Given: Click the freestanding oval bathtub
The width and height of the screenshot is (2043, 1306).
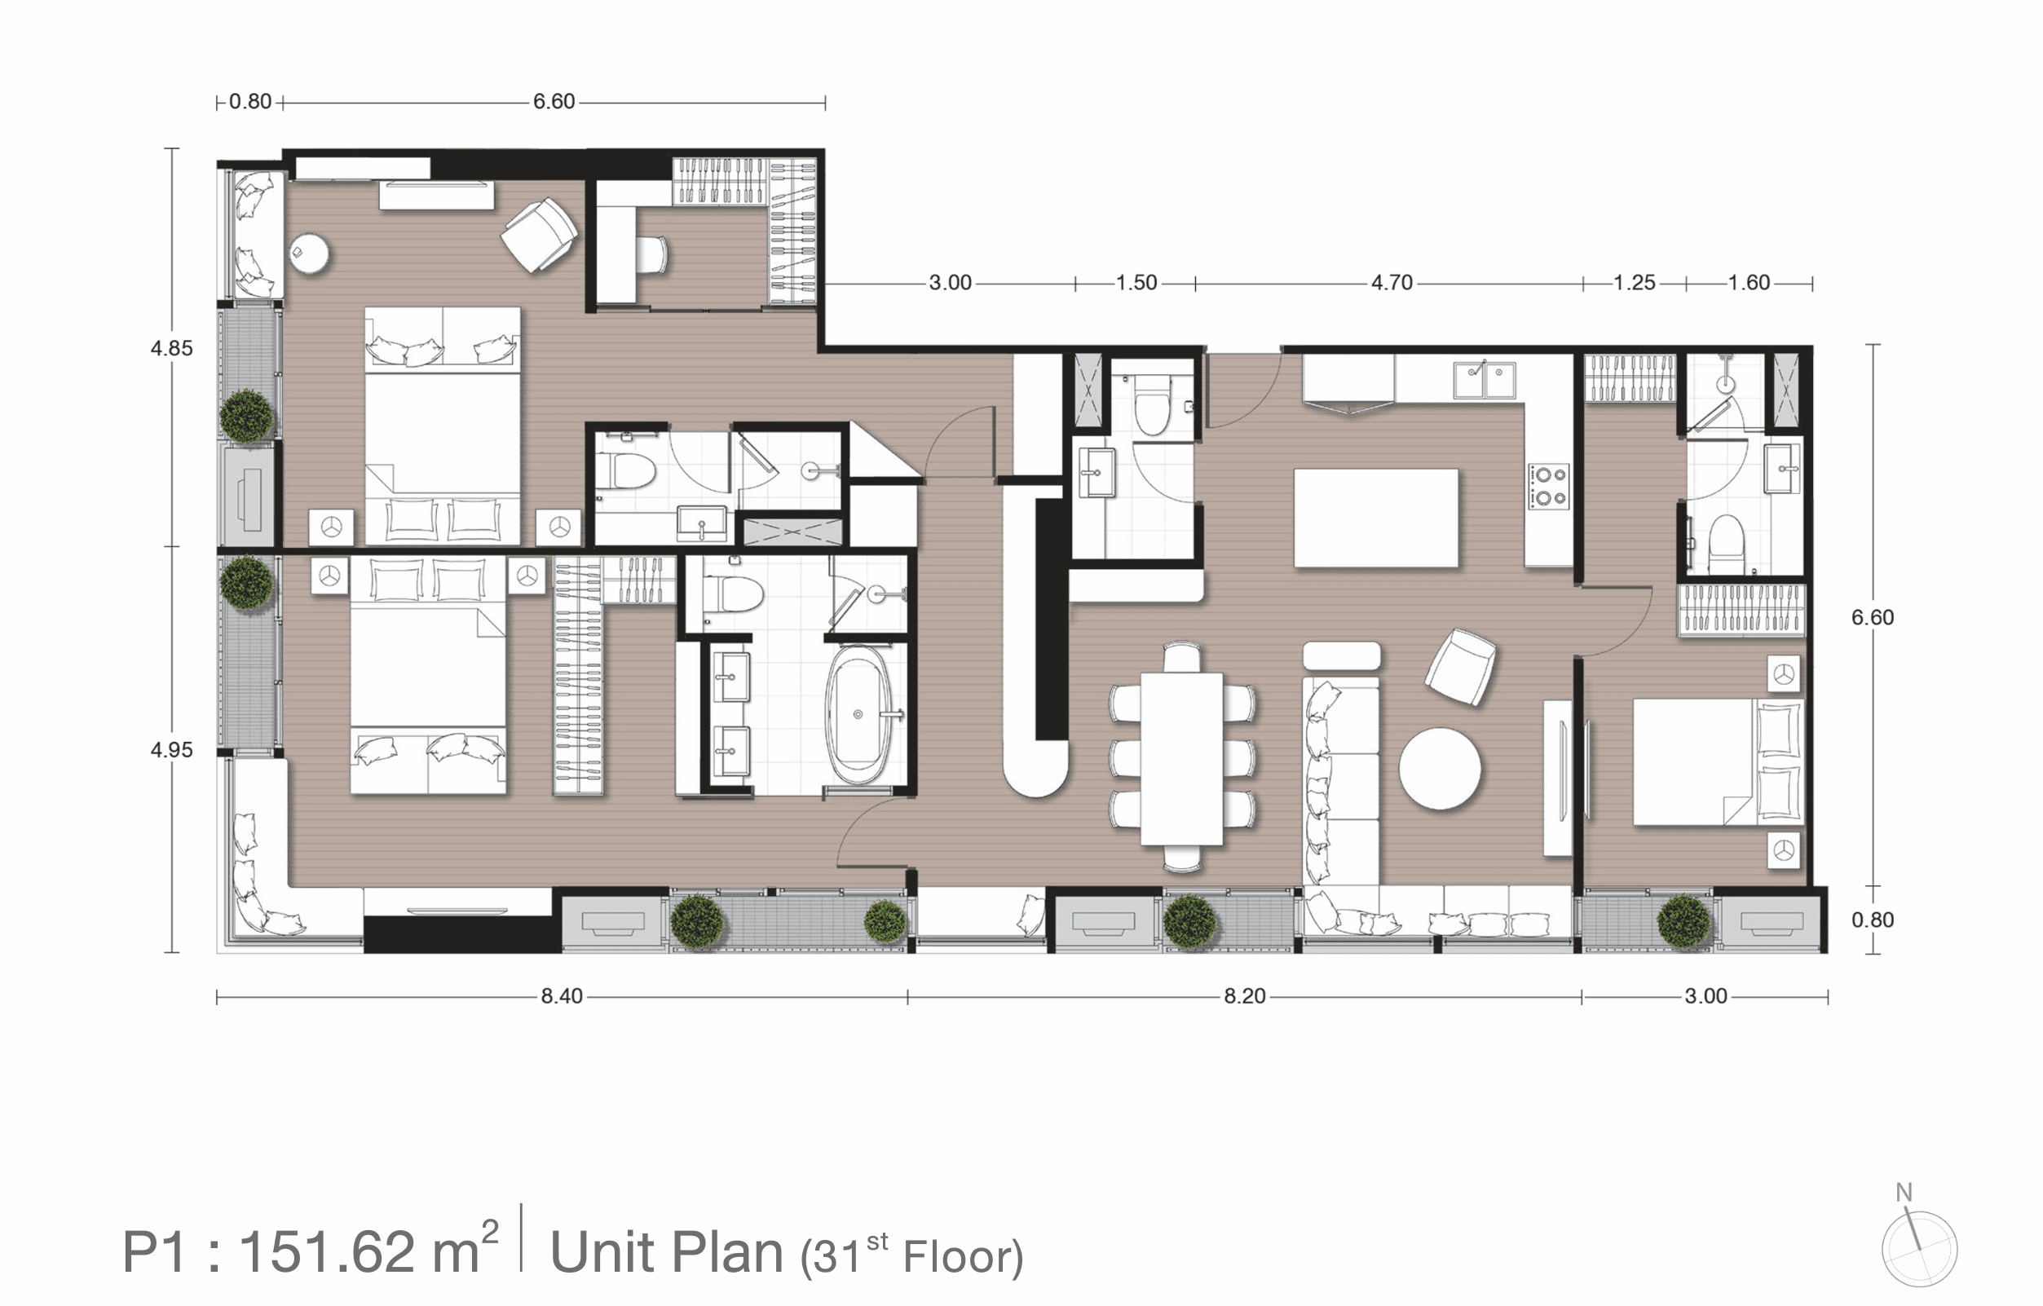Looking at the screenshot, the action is [x=858, y=714].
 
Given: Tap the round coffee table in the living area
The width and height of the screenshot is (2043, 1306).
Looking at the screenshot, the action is [x=1440, y=769].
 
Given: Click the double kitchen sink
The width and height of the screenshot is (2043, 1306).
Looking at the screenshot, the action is [x=1484, y=380].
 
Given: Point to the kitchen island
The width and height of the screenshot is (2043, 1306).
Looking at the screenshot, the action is [x=1375, y=518].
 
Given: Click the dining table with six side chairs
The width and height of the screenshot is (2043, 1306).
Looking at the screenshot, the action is [x=1182, y=758].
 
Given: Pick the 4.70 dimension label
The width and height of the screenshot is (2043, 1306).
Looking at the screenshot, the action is [x=1392, y=283].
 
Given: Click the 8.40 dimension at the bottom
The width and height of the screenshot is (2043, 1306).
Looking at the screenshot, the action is [x=562, y=995].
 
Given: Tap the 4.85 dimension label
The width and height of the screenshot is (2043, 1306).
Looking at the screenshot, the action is [x=171, y=348].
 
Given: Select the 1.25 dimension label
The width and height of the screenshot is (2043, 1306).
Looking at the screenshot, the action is [x=1634, y=283].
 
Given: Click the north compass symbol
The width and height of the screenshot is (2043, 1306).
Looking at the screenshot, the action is [x=1919, y=1248].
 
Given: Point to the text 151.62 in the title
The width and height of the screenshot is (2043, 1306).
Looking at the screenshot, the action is [x=326, y=1251].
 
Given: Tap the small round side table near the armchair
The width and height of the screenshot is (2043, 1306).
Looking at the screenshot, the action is [x=310, y=253].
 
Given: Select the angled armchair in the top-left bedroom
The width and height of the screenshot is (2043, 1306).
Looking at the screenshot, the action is [x=540, y=235].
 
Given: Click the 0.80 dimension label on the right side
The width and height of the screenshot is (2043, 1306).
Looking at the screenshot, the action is [x=1873, y=920].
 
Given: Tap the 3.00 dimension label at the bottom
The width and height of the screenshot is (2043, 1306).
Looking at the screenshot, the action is [x=1705, y=995].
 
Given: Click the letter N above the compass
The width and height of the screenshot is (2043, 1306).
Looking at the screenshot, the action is [x=1904, y=1193].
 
